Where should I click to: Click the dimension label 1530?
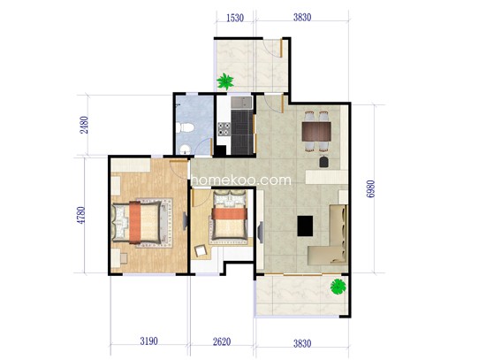click(x=234, y=17)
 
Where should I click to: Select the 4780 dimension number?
click(x=84, y=216)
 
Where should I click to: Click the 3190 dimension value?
click(x=149, y=341)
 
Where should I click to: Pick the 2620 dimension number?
click(x=222, y=341)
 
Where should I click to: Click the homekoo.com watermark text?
click(x=239, y=180)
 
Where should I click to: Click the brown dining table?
click(x=316, y=133)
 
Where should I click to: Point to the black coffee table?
click(x=306, y=226)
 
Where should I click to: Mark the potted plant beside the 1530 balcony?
click(x=226, y=81)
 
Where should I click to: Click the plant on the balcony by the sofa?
click(x=337, y=286)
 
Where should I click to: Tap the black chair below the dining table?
click(x=322, y=161)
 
